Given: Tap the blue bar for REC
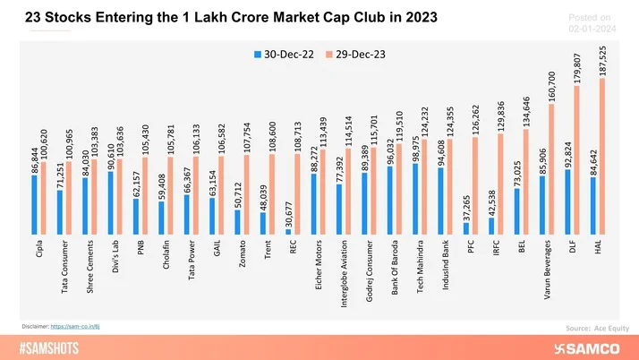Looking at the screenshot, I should tap(288, 231).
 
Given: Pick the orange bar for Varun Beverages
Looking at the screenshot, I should tap(551, 169).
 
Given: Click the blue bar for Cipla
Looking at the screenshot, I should tap(34, 204).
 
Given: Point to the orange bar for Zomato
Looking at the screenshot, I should tap(246, 195).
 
